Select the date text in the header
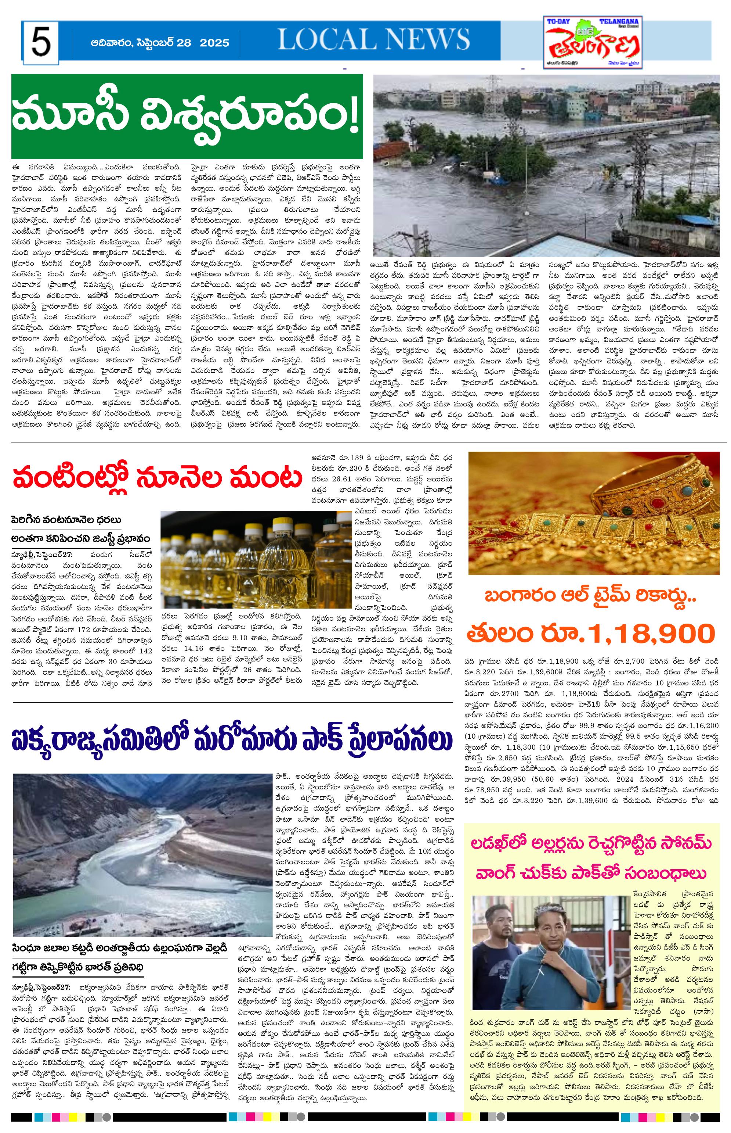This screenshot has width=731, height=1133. pyautogui.click(x=160, y=43)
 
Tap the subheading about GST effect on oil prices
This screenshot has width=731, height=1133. pyautogui.click(x=81, y=538)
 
